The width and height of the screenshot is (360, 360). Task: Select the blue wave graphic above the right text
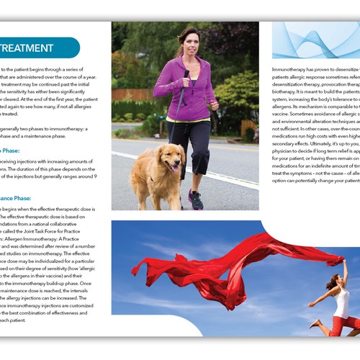[x=317, y=40]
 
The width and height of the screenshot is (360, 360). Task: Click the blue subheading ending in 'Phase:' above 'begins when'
[x=22, y=197]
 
